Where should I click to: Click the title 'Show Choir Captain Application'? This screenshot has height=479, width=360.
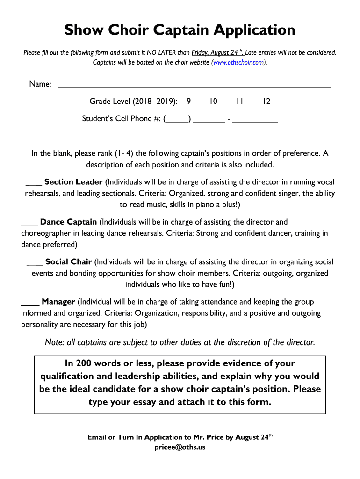(x=180, y=30)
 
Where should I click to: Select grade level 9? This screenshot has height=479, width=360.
(x=188, y=102)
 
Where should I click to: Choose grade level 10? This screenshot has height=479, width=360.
(x=213, y=102)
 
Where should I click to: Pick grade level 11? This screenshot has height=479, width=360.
(x=240, y=102)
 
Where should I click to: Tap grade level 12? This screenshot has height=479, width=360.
(x=266, y=102)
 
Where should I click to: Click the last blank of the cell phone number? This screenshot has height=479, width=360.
(x=255, y=119)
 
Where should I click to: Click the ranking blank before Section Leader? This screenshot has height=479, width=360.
(x=34, y=182)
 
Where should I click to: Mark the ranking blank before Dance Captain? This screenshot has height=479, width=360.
(x=29, y=222)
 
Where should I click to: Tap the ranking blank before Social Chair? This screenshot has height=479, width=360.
(x=35, y=262)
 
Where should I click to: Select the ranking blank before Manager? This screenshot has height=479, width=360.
(x=30, y=302)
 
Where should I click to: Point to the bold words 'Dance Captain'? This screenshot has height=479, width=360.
(x=69, y=222)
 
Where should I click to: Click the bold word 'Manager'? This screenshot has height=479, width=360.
(x=58, y=302)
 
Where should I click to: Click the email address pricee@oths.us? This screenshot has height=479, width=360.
(x=180, y=447)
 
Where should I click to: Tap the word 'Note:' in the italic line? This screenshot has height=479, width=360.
(x=54, y=342)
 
